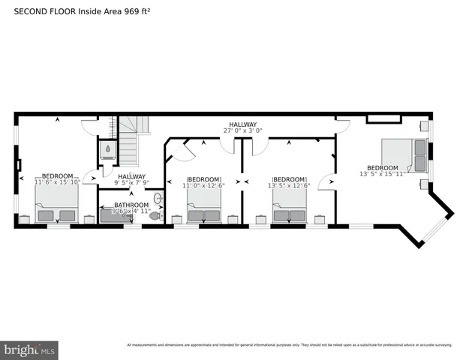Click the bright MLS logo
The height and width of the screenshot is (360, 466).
[30, 349]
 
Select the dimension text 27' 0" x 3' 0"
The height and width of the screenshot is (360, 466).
[243, 130]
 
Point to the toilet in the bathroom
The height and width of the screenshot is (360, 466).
[155, 215]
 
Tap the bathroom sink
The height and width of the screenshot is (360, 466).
[158, 199]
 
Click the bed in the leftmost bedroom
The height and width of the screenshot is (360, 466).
[57, 206]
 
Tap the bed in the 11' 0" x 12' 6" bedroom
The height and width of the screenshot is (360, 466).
[204, 208]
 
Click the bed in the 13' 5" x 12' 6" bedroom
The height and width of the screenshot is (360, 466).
[290, 208]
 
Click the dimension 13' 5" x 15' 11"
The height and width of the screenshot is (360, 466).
[382, 174]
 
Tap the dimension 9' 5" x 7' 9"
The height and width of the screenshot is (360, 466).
[132, 182]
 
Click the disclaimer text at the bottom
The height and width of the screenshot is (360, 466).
[290, 345]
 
